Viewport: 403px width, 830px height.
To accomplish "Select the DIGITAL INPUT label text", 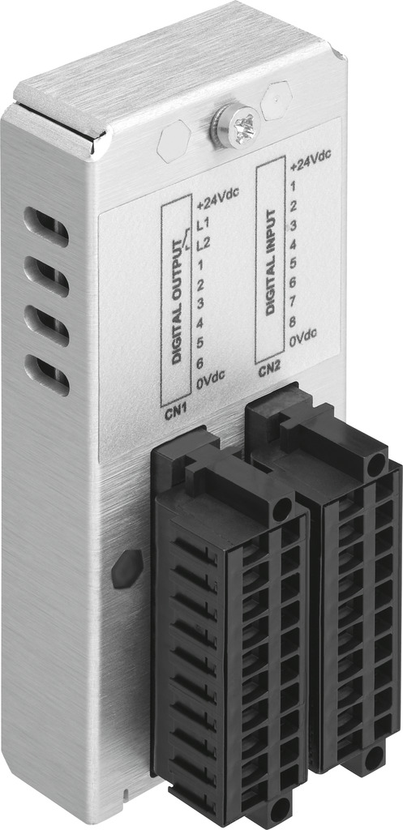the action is coord(271,263).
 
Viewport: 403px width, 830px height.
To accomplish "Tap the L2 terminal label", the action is coord(204,245).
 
